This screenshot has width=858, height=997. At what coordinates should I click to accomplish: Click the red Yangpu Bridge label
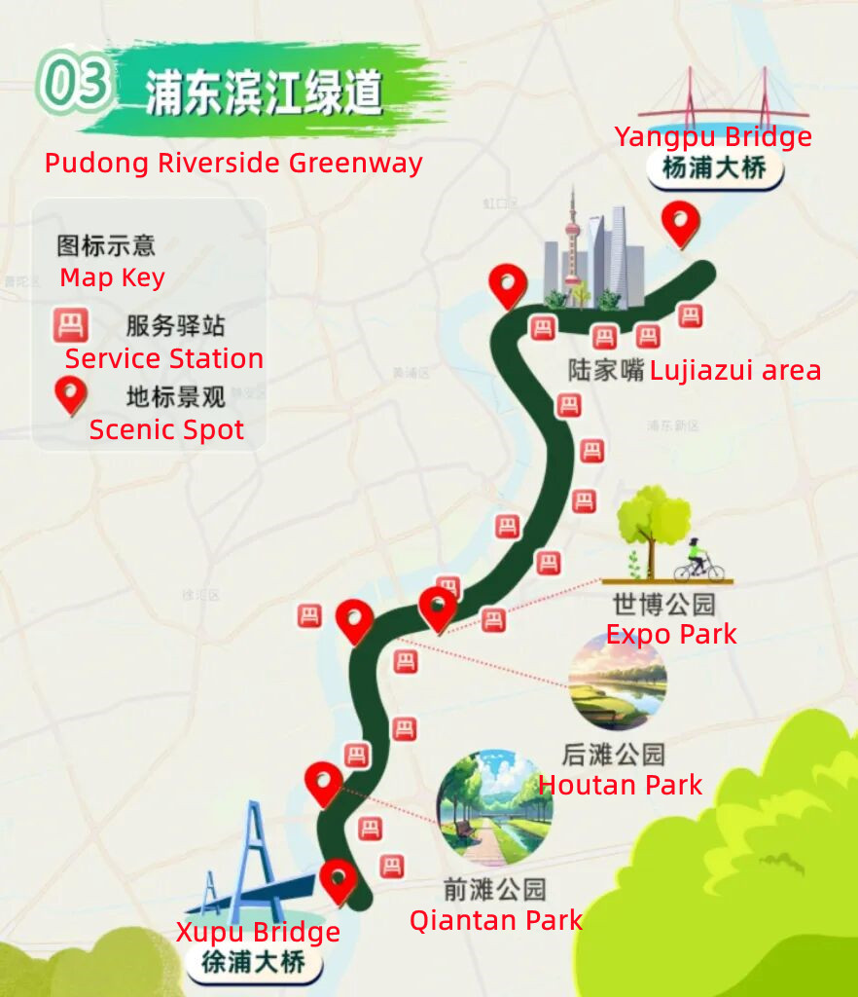[713, 137]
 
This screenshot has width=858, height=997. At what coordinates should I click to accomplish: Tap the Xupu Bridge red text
[258, 932]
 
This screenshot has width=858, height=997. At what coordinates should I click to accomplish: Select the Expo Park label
[671, 635]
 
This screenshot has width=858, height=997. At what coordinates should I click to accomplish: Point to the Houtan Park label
[620, 785]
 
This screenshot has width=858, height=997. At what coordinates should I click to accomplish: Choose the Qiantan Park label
[495, 920]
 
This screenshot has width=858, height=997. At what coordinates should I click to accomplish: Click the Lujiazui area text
[735, 371]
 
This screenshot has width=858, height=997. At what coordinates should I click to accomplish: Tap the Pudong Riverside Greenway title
[233, 163]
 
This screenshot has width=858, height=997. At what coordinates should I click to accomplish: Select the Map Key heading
[112, 277]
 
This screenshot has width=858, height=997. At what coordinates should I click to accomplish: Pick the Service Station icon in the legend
[70, 325]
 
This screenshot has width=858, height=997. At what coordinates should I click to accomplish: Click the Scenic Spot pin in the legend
[70, 394]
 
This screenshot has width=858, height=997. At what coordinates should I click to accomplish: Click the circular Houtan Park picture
[618, 681]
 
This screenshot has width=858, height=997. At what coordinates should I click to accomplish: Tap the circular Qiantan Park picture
[494, 808]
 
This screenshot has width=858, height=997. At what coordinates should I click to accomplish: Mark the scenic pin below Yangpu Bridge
[680, 224]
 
